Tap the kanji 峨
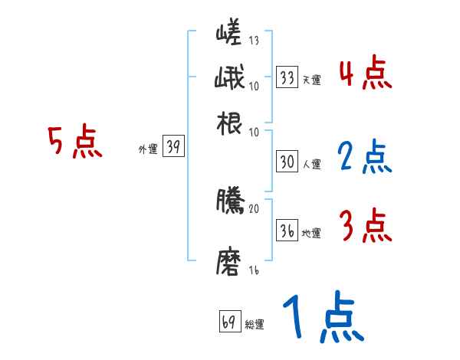pos(229,79)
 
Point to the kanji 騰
pos(229,201)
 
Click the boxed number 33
pos(287,77)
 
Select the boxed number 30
pos(287,162)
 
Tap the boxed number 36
pos(287,231)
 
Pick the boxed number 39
pos(173,148)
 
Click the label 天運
pos(311,79)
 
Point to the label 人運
pos(311,164)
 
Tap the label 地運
pos(311,234)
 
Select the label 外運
pos(147,150)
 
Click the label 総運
pos(255,324)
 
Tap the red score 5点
pos(74,143)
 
